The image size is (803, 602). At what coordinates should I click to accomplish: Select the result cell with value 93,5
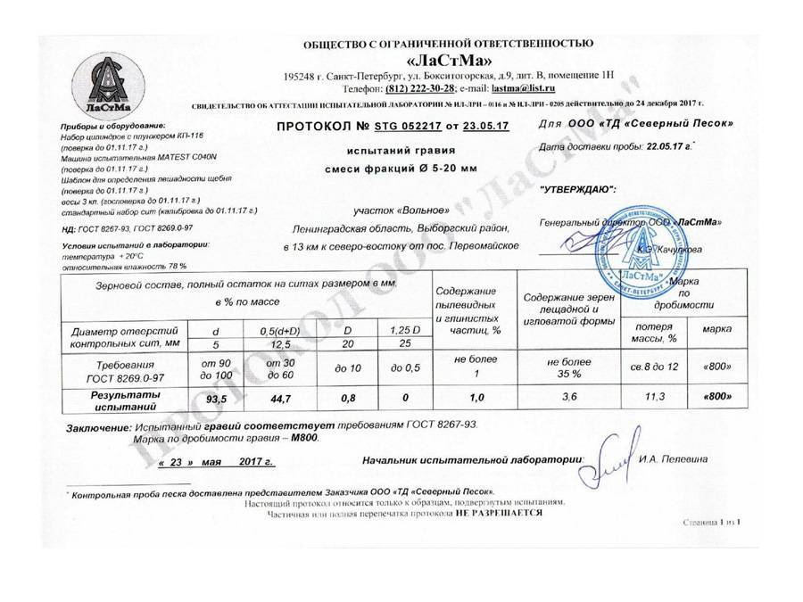click(x=219, y=400)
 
